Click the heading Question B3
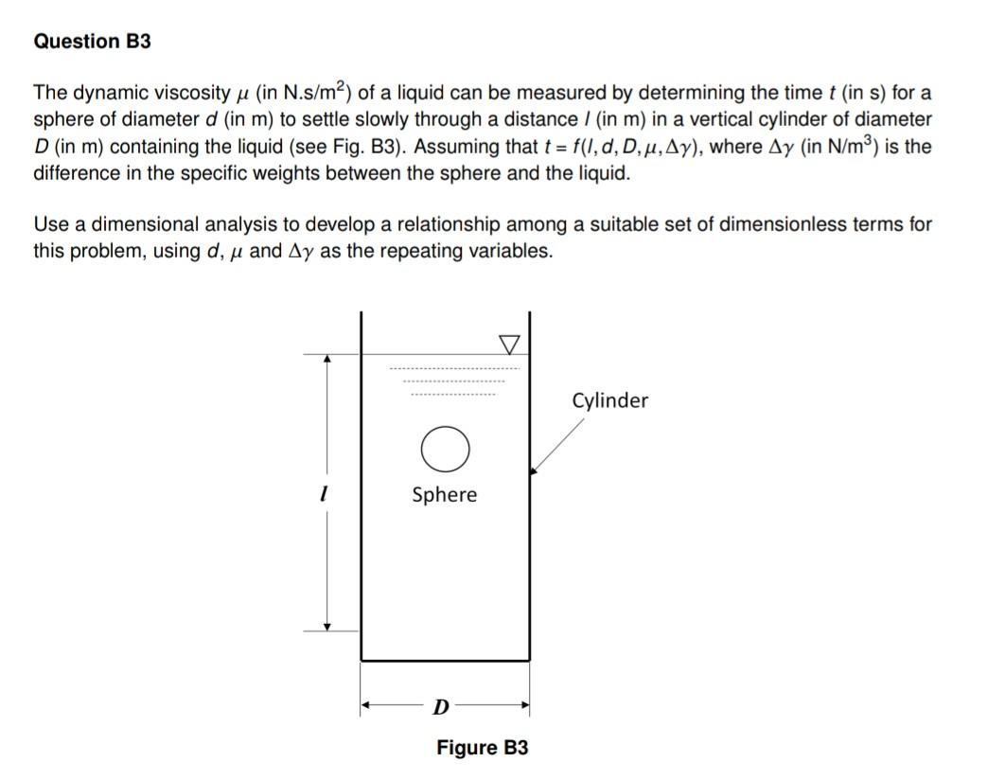point(92,42)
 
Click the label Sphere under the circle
point(445,494)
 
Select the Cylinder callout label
point(610,400)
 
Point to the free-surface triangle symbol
point(509,341)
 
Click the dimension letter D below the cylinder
point(440,706)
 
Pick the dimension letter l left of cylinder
point(324,494)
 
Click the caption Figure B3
point(482,748)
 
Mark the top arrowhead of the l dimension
point(327,360)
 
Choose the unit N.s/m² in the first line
point(301,93)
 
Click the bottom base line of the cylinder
point(445,660)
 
